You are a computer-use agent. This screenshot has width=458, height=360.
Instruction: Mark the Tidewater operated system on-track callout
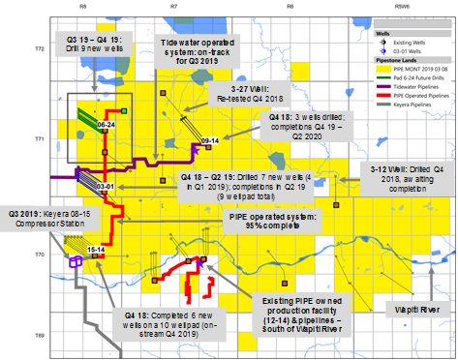(x=196, y=50)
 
